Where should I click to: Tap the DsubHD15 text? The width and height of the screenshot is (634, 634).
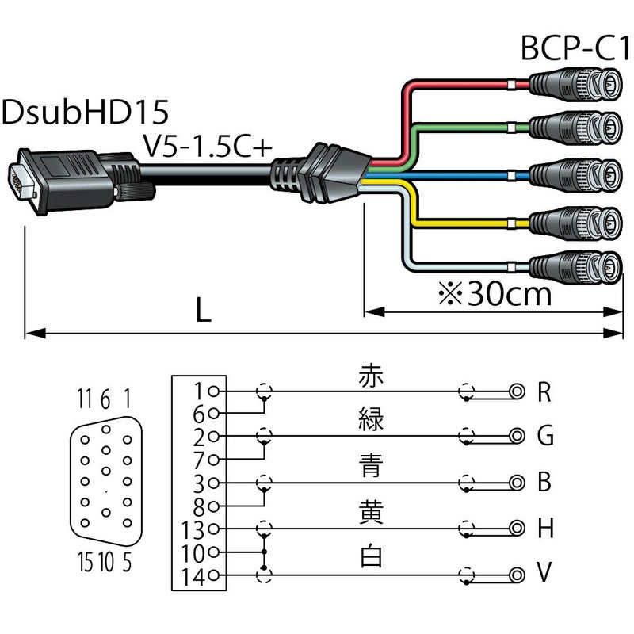pos(86,112)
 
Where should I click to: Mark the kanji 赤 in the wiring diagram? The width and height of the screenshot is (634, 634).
pos(370,375)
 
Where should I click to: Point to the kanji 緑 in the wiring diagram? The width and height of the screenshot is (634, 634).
pos(370,420)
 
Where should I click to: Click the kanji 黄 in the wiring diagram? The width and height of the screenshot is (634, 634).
pos(370,513)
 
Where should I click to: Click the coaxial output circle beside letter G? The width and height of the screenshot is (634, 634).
pos(518,436)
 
